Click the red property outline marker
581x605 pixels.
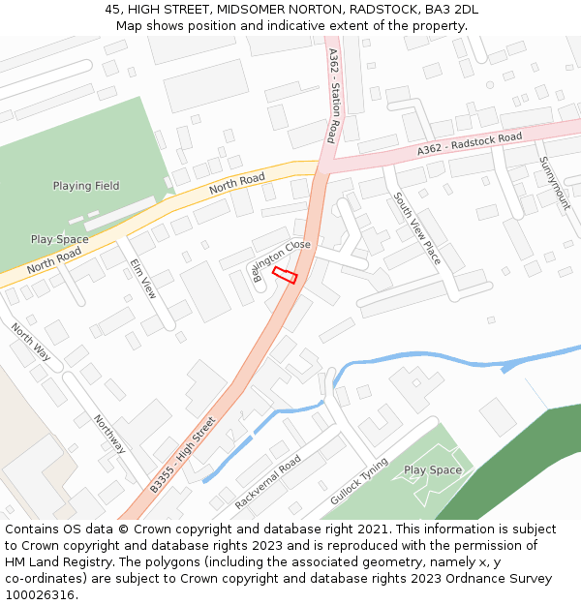(284, 275)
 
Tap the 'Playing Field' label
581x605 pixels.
(86, 186)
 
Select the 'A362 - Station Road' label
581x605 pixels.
(333, 96)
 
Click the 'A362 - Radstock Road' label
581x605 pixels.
(470, 144)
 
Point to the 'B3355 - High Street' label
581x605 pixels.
(182, 455)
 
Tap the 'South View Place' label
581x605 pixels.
(416, 228)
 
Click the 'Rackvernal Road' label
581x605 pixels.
(267, 479)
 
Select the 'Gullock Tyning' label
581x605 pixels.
(358, 481)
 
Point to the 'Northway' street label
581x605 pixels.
(109, 434)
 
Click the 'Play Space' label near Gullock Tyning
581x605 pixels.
(433, 470)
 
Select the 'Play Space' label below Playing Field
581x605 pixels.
(59, 239)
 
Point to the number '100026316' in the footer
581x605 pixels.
(41, 594)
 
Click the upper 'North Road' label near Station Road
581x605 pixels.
(237, 179)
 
